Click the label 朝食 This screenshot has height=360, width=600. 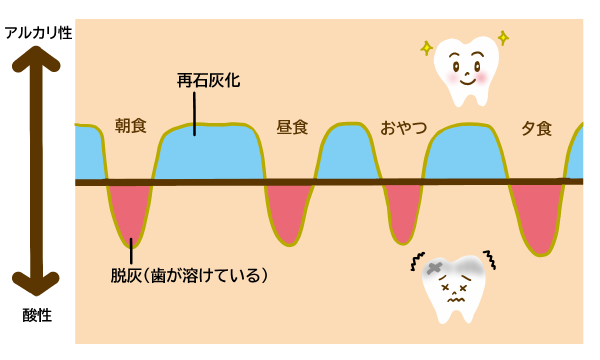point(130,126)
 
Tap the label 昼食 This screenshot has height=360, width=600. point(292,128)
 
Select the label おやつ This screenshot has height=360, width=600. point(403,128)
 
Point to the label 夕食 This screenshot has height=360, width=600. point(537,128)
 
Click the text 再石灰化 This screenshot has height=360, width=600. point(208,80)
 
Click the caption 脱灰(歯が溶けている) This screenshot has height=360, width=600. point(189,275)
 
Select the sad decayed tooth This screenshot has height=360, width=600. point(455,287)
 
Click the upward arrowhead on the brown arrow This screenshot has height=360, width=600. point(36,59)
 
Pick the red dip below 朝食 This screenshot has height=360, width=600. point(131,210)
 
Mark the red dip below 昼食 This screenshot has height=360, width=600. point(288,212)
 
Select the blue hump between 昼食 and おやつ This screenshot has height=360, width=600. point(347,155)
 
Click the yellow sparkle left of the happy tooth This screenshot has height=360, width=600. point(426,48)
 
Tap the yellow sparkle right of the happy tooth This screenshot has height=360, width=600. point(503,38)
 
